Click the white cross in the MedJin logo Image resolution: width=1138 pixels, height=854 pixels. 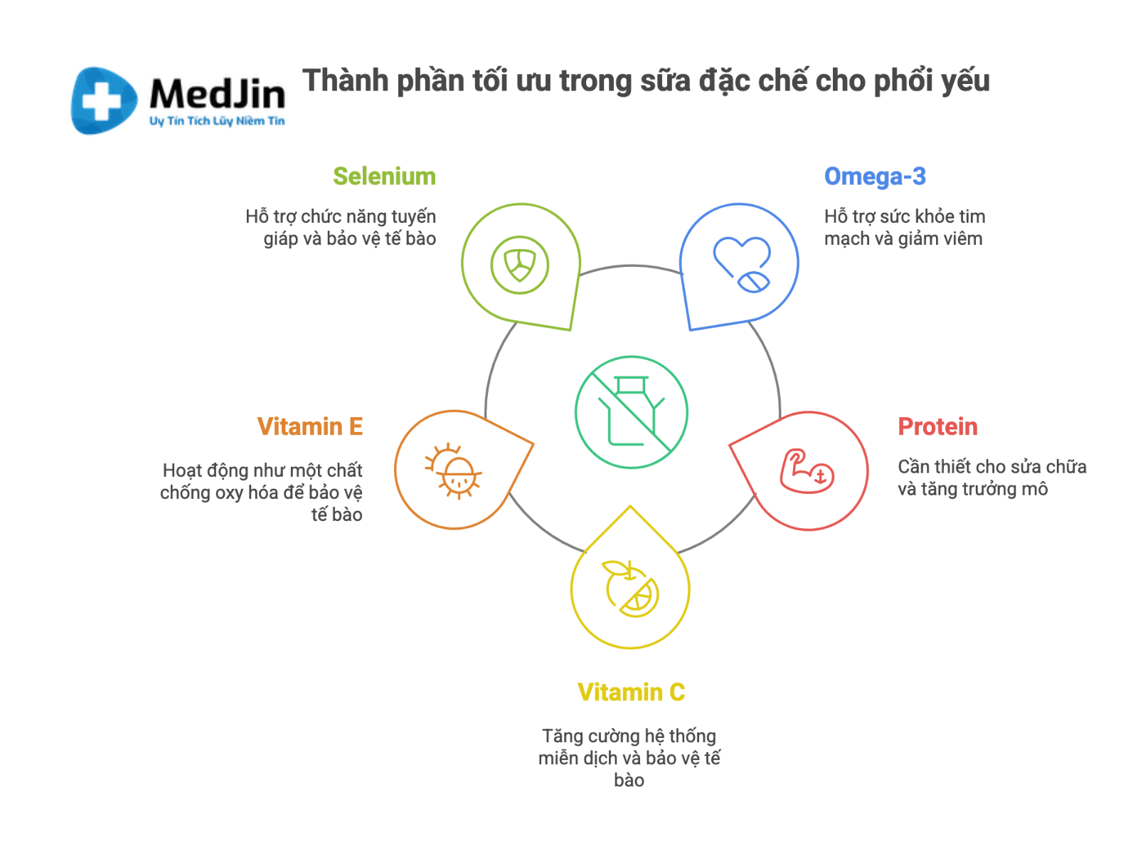click(102, 100)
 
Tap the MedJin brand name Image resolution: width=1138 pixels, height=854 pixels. click(217, 94)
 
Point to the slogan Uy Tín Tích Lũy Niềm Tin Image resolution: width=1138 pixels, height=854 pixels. click(217, 121)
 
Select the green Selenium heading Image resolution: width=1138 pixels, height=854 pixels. click(384, 176)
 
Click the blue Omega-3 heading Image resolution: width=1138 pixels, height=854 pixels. click(875, 176)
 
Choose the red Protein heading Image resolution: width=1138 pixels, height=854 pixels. click(937, 427)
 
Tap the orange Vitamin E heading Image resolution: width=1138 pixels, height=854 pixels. click(310, 427)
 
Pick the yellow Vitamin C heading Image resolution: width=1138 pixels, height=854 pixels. click(631, 692)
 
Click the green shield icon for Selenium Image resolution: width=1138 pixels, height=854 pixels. click(519, 265)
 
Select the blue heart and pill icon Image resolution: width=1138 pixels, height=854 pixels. click(742, 265)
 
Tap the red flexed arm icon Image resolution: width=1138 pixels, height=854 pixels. click(807, 471)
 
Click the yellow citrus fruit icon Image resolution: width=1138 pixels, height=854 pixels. click(630, 589)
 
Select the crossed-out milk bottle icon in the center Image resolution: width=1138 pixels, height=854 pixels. click(631, 412)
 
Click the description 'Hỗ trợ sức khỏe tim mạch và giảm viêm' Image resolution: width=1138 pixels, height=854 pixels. click(905, 228)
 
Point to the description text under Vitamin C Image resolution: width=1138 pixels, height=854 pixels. click(629, 758)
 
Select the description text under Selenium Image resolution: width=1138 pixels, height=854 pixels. click(341, 228)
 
